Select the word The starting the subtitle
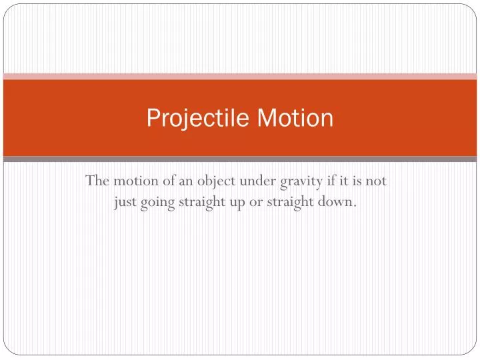coord(98,181)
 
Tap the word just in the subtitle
coord(125,203)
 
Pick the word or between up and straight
coord(257,203)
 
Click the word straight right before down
coord(291,203)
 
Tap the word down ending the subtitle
coord(337,203)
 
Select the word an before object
coord(185,181)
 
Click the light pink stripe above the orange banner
coord(240,76)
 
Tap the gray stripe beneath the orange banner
coord(240,159)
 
